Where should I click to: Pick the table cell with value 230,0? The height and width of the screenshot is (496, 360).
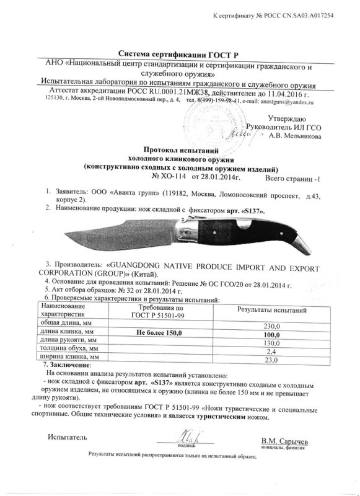point(273,325)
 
